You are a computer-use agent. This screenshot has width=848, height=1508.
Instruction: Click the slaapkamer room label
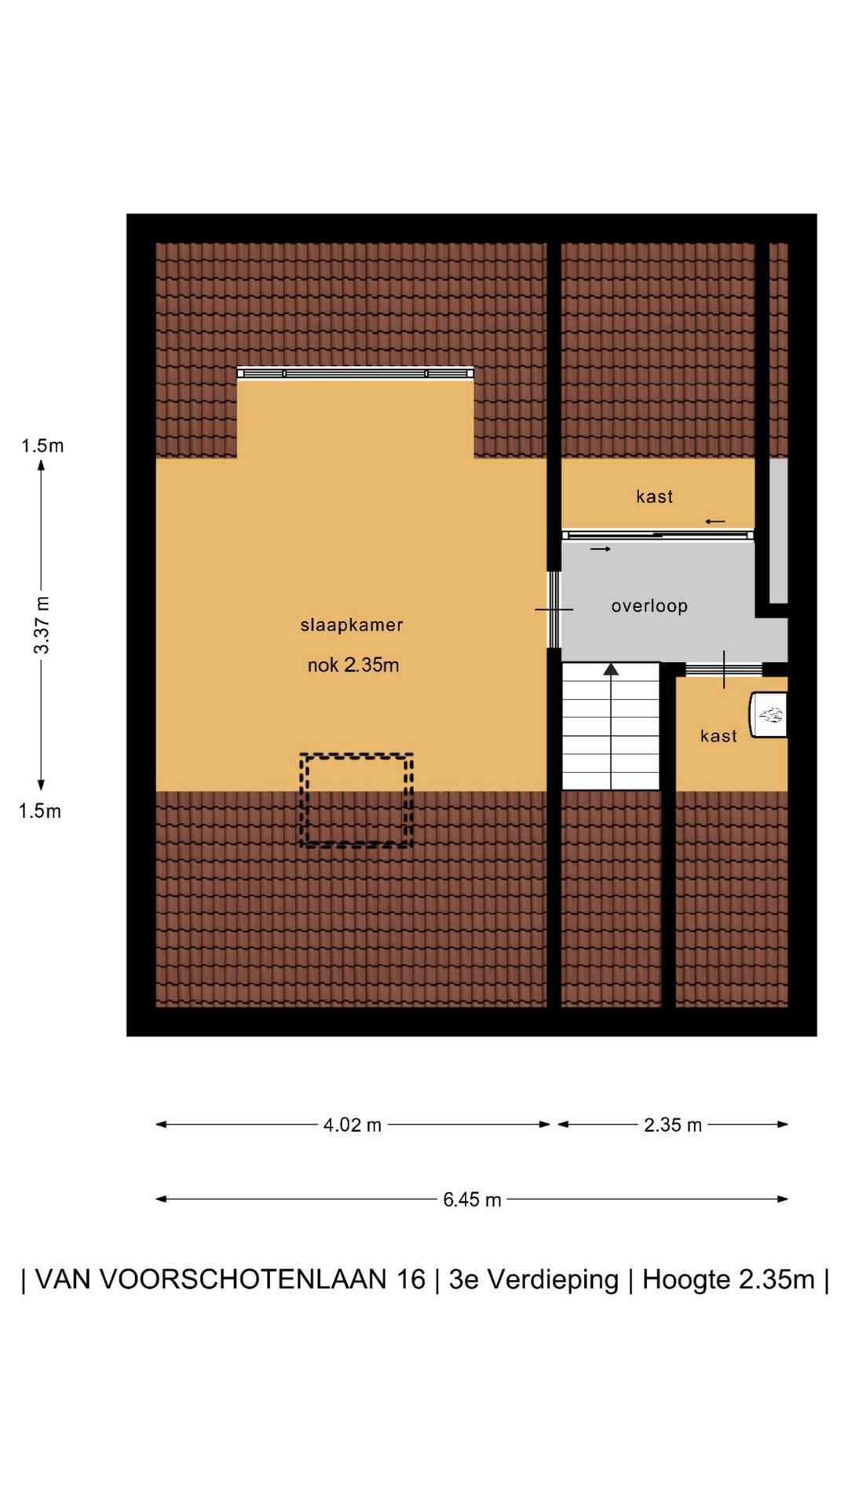tap(351, 625)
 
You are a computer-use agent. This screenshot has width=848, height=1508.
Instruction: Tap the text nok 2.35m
tap(353, 665)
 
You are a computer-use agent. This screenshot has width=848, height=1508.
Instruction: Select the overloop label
tap(649, 606)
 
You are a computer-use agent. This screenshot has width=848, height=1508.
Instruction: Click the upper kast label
tap(655, 496)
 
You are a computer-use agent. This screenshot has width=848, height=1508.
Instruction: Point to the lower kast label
tap(718, 736)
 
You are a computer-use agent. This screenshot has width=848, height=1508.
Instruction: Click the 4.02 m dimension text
tap(353, 1125)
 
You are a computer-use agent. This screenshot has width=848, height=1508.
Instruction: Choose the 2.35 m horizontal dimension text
tap(673, 1125)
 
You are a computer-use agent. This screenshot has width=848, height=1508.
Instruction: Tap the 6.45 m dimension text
tap(472, 1199)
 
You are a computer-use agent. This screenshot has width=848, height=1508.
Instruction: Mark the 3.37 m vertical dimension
tap(42, 624)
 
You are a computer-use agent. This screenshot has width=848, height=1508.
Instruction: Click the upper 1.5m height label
tap(42, 446)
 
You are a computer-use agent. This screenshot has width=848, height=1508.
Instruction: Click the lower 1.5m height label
tap(40, 811)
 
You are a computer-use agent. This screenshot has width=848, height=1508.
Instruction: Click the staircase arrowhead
tap(611, 668)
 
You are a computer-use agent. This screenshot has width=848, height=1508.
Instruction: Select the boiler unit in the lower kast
tap(768, 715)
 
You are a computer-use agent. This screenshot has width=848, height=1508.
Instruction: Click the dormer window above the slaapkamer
tap(356, 373)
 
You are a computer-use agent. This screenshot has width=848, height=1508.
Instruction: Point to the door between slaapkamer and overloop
tap(554, 609)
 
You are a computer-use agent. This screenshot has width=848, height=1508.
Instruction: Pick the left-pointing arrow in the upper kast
tap(715, 522)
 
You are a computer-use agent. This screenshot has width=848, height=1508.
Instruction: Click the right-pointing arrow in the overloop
tap(601, 549)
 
